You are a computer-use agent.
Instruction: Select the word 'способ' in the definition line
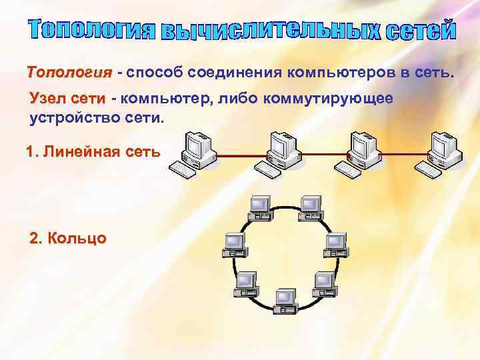pos(152,72)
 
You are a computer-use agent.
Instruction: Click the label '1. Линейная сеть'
pos(93,151)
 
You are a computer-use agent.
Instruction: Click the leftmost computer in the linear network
pos(193,152)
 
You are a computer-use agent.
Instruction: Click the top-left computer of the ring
pos(259,207)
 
